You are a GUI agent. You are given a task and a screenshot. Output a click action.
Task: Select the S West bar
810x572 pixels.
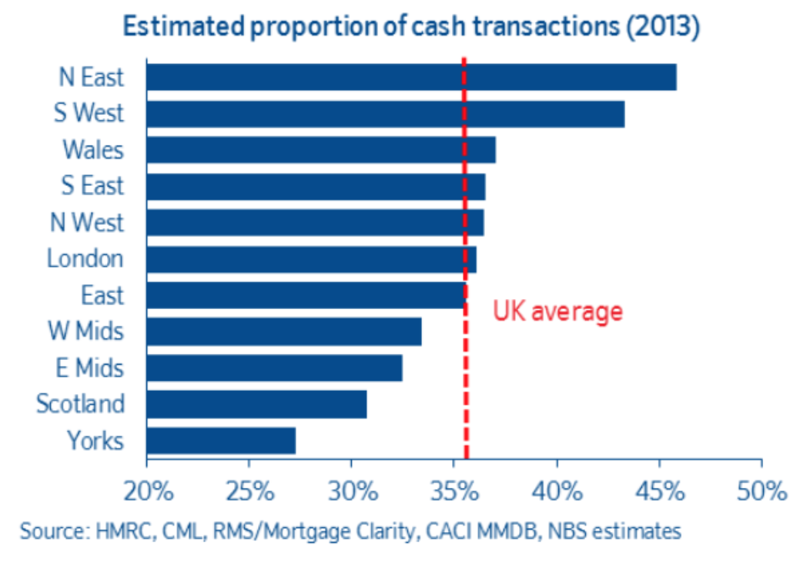click(385, 114)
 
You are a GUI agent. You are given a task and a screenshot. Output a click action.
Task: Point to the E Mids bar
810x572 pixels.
click(274, 368)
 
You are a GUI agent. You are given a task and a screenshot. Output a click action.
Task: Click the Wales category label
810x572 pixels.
click(92, 150)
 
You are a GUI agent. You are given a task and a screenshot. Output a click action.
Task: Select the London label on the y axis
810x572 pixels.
click(85, 258)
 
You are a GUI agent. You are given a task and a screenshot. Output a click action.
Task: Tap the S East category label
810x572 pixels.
click(92, 186)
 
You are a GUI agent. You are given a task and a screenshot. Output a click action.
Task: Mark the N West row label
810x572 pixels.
click(87, 222)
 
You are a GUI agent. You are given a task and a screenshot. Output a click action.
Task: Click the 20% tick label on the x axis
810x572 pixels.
click(146, 491)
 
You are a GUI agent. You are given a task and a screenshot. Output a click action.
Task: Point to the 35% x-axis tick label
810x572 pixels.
click(454, 491)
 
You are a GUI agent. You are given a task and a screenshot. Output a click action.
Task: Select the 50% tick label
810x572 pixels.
click(761, 491)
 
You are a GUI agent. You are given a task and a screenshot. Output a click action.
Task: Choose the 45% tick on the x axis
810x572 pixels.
click(658, 491)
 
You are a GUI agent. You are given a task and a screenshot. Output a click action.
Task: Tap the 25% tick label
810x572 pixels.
click(249, 491)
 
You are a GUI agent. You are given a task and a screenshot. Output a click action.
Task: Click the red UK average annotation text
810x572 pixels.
click(557, 311)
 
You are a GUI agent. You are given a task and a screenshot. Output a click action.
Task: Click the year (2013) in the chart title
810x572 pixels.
click(662, 27)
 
